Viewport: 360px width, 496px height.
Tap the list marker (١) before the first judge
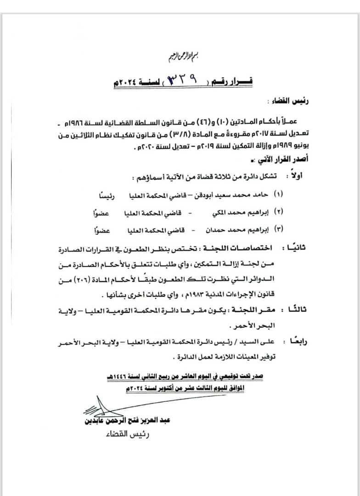point(278,194)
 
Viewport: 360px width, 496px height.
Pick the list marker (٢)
point(278,212)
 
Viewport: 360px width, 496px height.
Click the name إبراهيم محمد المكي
point(234,212)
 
